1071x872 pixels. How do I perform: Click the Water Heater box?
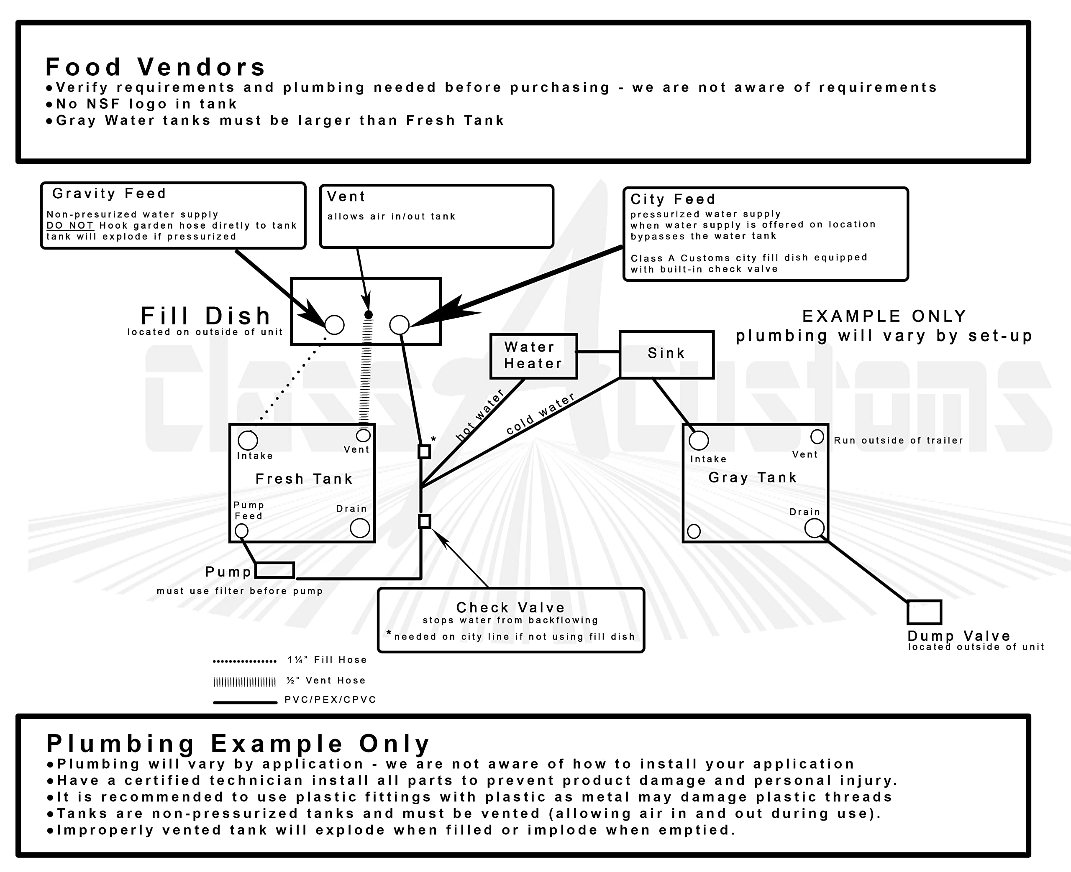click(533, 356)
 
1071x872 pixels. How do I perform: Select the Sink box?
click(666, 354)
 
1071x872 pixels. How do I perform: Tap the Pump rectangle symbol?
click(274, 570)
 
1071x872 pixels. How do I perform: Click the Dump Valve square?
click(924, 612)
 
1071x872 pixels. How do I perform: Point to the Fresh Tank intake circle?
click(248, 441)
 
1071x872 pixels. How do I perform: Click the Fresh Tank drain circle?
click(360, 528)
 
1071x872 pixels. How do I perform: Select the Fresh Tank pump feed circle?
click(242, 530)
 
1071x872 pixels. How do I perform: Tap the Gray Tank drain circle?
click(814, 528)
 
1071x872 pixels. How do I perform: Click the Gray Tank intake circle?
click(699, 441)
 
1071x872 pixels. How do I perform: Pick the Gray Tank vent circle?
click(817, 436)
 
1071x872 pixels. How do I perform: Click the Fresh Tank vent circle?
click(364, 435)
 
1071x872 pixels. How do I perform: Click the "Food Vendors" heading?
click(155, 67)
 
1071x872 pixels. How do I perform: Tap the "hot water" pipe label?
click(479, 416)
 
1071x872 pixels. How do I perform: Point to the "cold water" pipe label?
click(540, 414)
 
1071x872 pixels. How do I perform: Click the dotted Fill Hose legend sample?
click(245, 661)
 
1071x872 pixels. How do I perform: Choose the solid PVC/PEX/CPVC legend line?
click(245, 702)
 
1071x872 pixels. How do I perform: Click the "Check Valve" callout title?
click(510, 607)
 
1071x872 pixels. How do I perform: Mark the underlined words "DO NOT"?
click(70, 226)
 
